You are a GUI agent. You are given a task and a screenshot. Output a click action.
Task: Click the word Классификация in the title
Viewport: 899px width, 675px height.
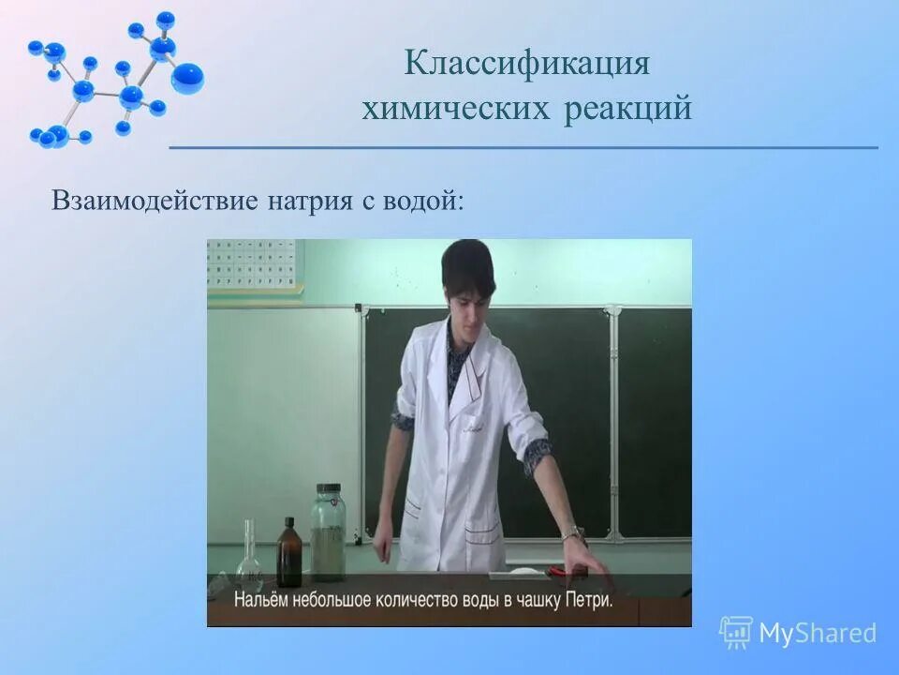click(527, 65)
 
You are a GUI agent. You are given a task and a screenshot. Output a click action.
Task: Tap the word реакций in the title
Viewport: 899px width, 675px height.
click(628, 109)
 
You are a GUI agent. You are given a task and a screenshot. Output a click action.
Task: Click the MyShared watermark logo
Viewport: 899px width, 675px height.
click(798, 632)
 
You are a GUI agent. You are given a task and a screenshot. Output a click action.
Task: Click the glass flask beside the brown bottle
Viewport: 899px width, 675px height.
click(249, 557)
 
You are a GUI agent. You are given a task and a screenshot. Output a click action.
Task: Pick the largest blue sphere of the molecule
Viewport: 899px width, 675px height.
click(187, 77)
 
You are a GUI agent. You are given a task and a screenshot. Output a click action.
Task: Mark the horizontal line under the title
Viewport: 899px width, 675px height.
click(523, 148)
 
